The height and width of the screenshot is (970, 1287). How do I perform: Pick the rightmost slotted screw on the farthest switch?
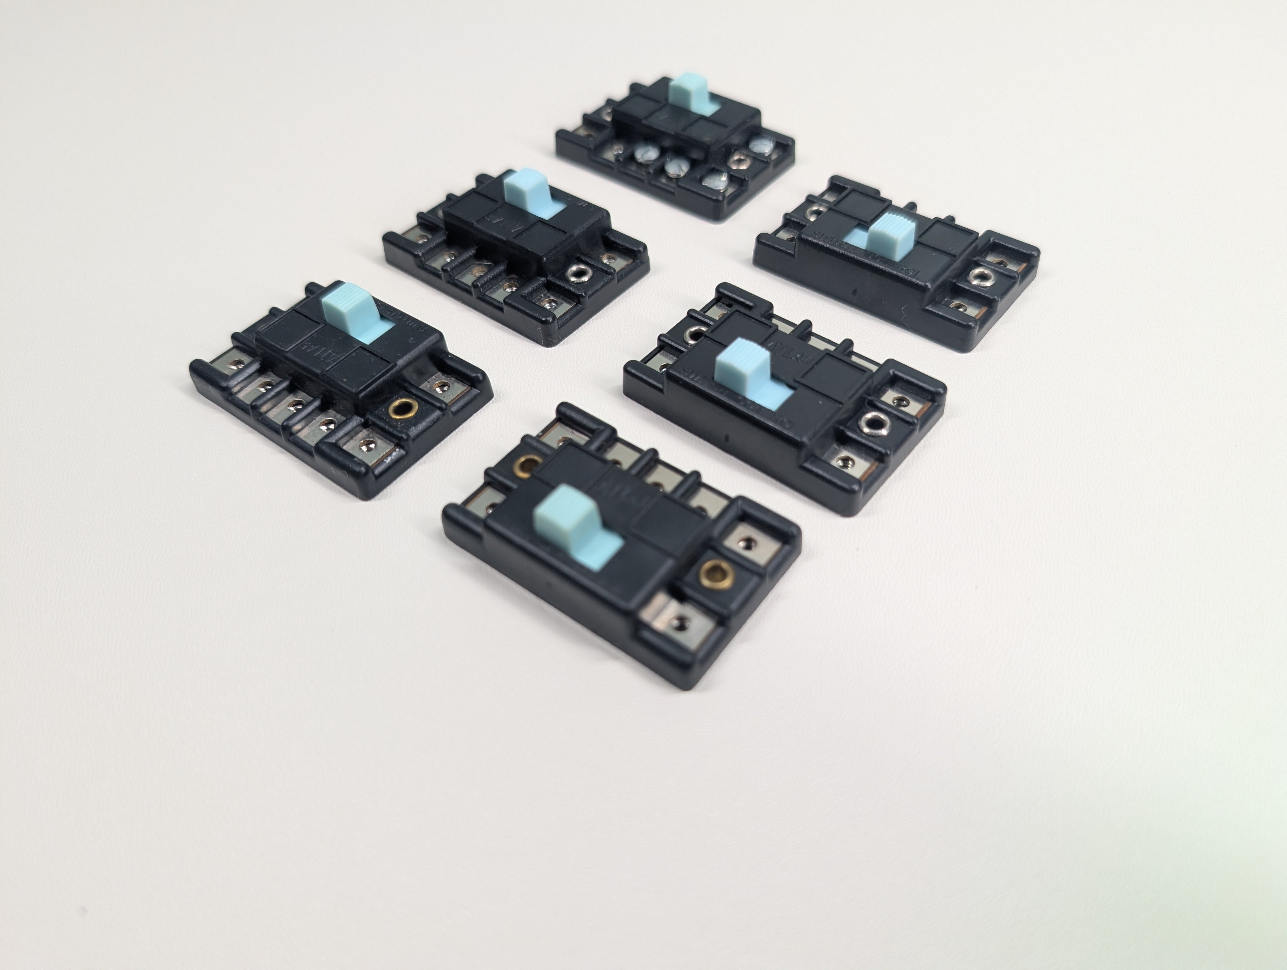[x=761, y=143]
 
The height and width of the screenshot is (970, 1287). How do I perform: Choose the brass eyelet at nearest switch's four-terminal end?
[x=529, y=464]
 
